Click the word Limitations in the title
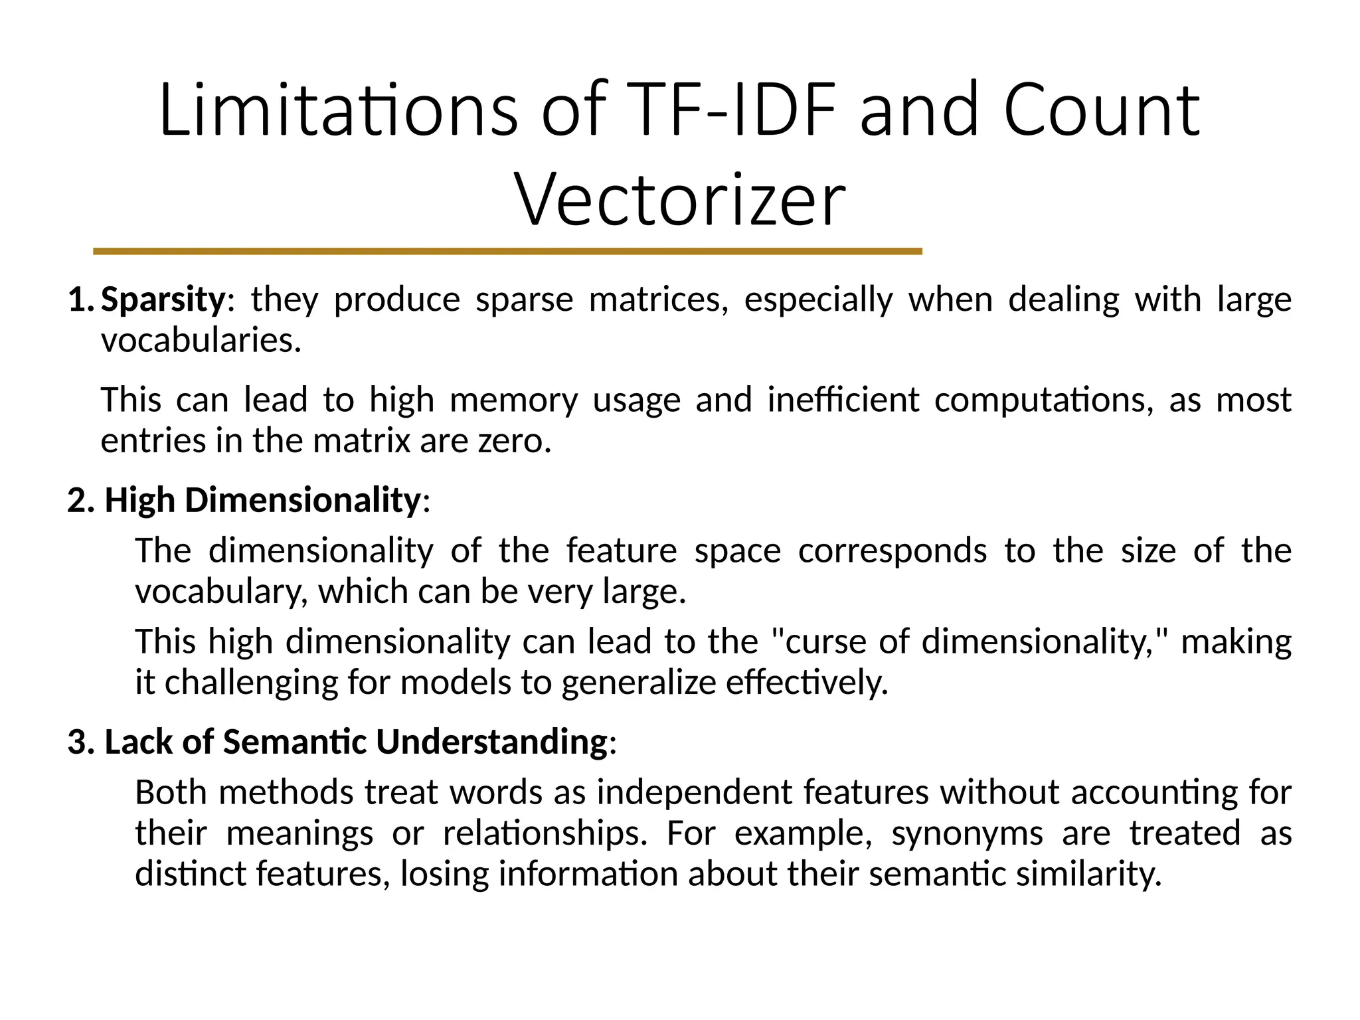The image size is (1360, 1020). (x=337, y=110)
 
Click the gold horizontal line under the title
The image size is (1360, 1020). (x=507, y=252)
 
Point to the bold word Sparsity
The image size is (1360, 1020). (x=163, y=299)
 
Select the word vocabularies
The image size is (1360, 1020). (x=201, y=341)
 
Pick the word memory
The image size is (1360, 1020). (x=513, y=400)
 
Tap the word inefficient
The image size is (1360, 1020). (x=843, y=400)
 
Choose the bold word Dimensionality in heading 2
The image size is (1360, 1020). (x=303, y=500)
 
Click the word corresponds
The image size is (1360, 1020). (x=892, y=551)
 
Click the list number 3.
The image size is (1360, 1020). (x=81, y=742)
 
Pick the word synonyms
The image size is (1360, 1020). (x=967, y=833)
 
